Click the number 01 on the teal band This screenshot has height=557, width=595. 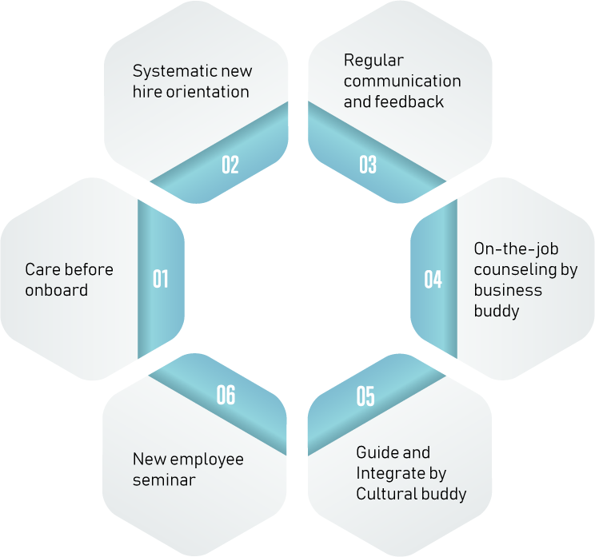pyautogui.click(x=161, y=279)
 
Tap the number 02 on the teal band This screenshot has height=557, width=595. pyautogui.click(x=230, y=165)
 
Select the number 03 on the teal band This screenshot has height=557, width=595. pyautogui.click(x=368, y=165)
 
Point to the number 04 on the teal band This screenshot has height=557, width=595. pyautogui.click(x=433, y=280)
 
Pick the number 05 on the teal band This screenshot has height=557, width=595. pyautogui.click(x=365, y=396)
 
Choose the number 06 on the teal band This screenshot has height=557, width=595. pyautogui.click(x=226, y=395)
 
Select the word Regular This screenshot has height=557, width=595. pyautogui.click(x=373, y=61)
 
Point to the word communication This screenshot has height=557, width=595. pyautogui.click(x=402, y=82)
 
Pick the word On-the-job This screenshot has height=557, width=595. pyautogui.click(x=516, y=249)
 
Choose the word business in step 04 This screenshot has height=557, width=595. pyautogui.click(x=508, y=290)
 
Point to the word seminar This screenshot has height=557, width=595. pyautogui.click(x=164, y=480)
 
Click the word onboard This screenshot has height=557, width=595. pyautogui.click(x=57, y=290)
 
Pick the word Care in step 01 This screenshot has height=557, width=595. pyautogui.click(x=42, y=269)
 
